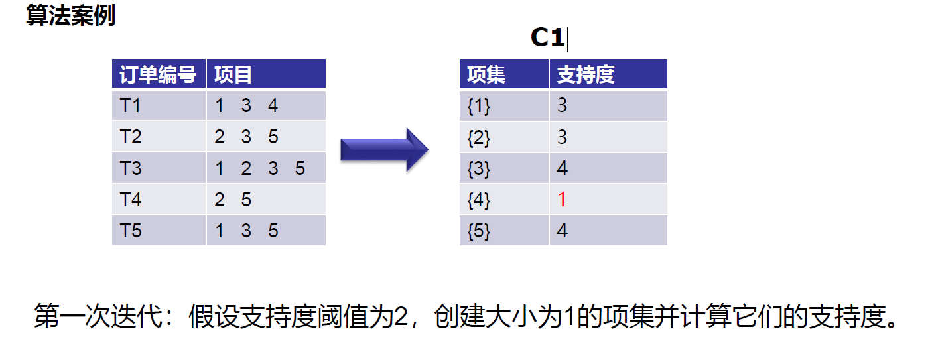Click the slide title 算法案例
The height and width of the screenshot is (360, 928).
71,15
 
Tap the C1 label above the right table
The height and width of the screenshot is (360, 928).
548,38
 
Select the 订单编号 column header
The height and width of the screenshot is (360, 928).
158,74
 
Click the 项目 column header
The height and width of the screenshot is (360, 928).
233,74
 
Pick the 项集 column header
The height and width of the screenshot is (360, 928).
486,74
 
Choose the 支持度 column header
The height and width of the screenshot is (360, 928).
585,74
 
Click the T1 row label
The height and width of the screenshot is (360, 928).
130,105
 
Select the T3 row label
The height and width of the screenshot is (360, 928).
131,168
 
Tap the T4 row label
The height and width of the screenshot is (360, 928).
131,200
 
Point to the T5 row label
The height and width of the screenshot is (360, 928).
131,231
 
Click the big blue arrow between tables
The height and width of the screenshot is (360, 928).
385,150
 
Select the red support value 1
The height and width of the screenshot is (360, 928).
562,200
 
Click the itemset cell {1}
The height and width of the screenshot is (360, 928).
479,107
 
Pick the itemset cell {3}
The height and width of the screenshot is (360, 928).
479,169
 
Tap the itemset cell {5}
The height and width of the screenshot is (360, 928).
479,231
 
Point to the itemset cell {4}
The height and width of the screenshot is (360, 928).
479,200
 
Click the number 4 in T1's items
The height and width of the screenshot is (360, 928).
273,105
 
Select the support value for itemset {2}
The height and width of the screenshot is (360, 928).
563,137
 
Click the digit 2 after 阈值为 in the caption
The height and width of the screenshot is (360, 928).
401,316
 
